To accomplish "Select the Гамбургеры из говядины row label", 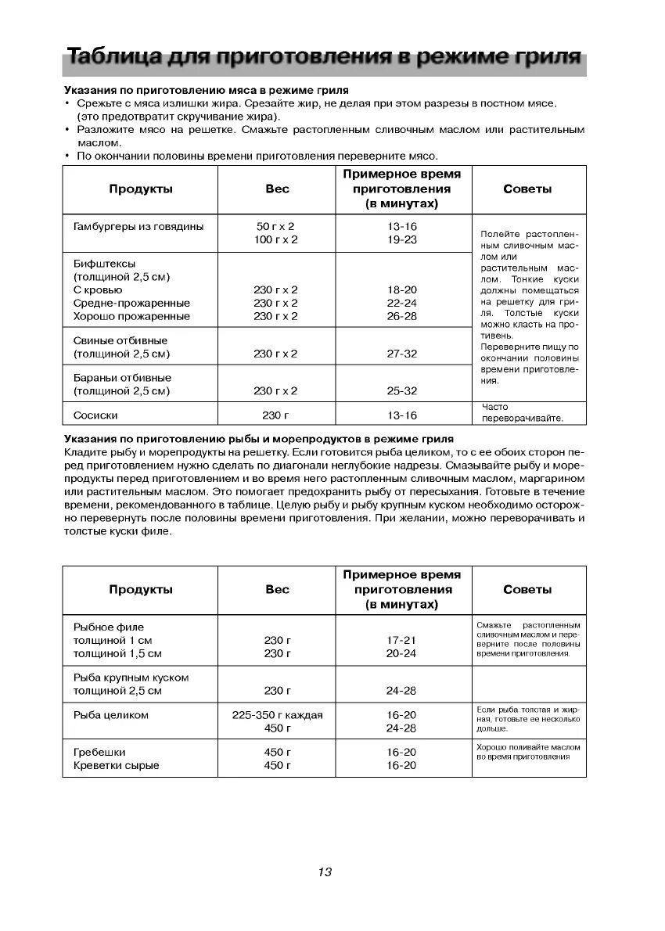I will point(138,227).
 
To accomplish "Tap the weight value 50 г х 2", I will point(275,227).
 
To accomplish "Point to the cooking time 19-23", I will point(402,240).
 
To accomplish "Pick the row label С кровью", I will point(98,290).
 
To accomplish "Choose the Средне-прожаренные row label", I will point(131,304).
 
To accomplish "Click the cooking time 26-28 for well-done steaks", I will point(402,317).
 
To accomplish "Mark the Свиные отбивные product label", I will point(120,341).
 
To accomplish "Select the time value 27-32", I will point(402,354).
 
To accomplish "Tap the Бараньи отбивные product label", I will point(122,378).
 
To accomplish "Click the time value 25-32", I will point(402,391).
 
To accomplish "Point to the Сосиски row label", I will point(95,415).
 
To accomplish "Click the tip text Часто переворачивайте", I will point(522,413).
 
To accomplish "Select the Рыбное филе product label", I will point(109,627).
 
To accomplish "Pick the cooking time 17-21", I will point(402,640).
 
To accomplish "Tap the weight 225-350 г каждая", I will point(277,715).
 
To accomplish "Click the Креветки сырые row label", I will point(116,765).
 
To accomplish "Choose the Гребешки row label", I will point(99,752).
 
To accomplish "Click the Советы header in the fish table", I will point(527,590).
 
